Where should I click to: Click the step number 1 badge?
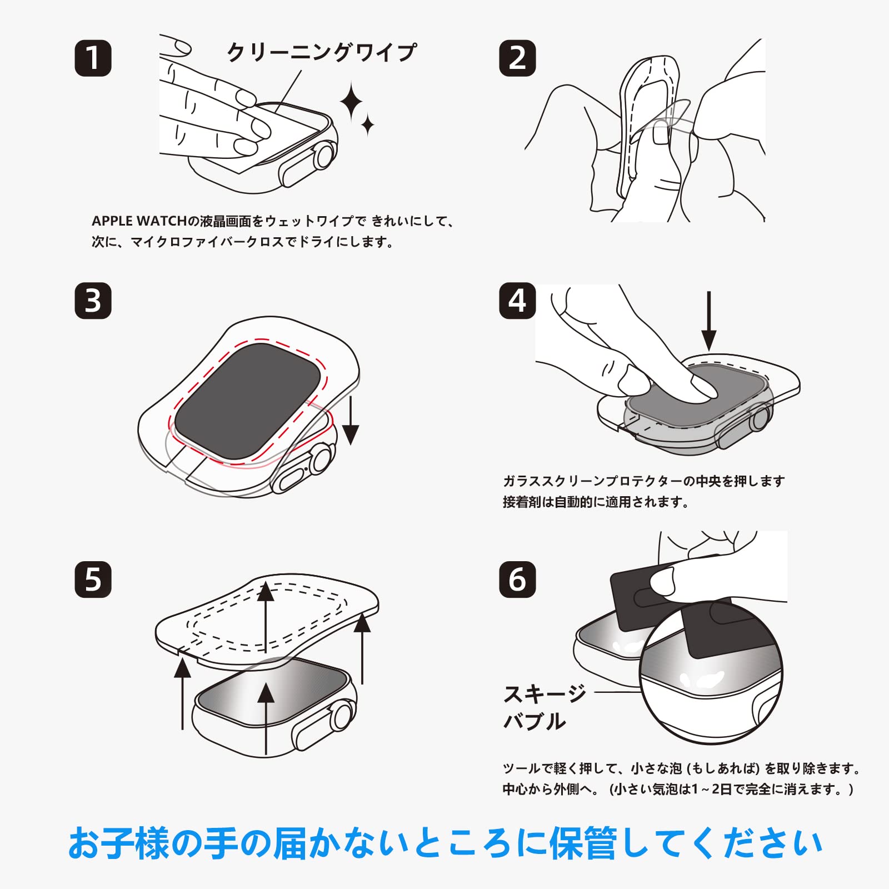pyautogui.click(x=93, y=58)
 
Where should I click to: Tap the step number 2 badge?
pyautogui.click(x=517, y=58)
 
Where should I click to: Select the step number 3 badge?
pyautogui.click(x=93, y=301)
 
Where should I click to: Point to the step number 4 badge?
pyautogui.click(x=517, y=301)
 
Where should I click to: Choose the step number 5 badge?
pyautogui.click(x=93, y=580)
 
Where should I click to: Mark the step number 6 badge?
pyautogui.click(x=517, y=580)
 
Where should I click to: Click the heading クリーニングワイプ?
pyautogui.click(x=322, y=52)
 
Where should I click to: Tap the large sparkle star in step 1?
pyautogui.click(x=351, y=102)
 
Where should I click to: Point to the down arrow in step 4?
pyautogui.click(x=708, y=321)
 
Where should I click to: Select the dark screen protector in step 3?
pyautogui.click(x=248, y=401)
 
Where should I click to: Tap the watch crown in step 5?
pyautogui.click(x=343, y=716)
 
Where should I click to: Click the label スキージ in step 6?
pyautogui.click(x=545, y=693)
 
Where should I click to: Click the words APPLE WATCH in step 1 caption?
pyautogui.click(x=139, y=221)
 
